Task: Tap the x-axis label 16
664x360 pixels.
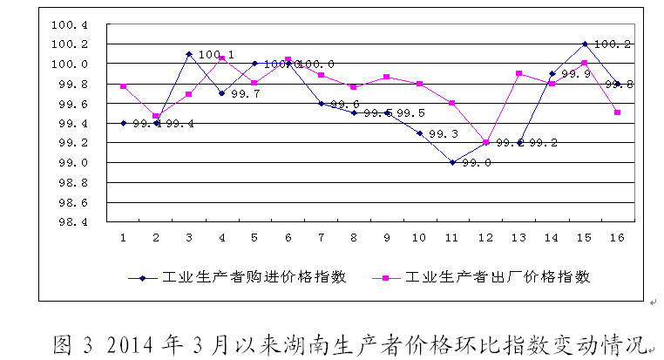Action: pos(618,238)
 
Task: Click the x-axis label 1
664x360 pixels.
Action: pos(123,238)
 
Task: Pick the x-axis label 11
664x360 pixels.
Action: pos(452,238)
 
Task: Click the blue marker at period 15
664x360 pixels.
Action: pos(585,44)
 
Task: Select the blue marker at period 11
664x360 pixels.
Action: pos(452,162)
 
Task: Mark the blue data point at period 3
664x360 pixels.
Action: pos(189,54)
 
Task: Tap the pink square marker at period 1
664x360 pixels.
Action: pos(124,86)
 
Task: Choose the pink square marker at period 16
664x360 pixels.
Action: pos(618,112)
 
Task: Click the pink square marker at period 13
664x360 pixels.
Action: pos(518,73)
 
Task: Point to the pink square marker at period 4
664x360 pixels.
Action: pos(222,58)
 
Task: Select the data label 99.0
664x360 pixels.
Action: pos(476,163)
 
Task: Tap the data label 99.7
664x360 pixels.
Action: pos(245,93)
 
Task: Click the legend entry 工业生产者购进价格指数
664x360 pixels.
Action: pos(254,277)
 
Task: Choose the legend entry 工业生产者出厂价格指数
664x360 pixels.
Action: pos(497,277)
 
